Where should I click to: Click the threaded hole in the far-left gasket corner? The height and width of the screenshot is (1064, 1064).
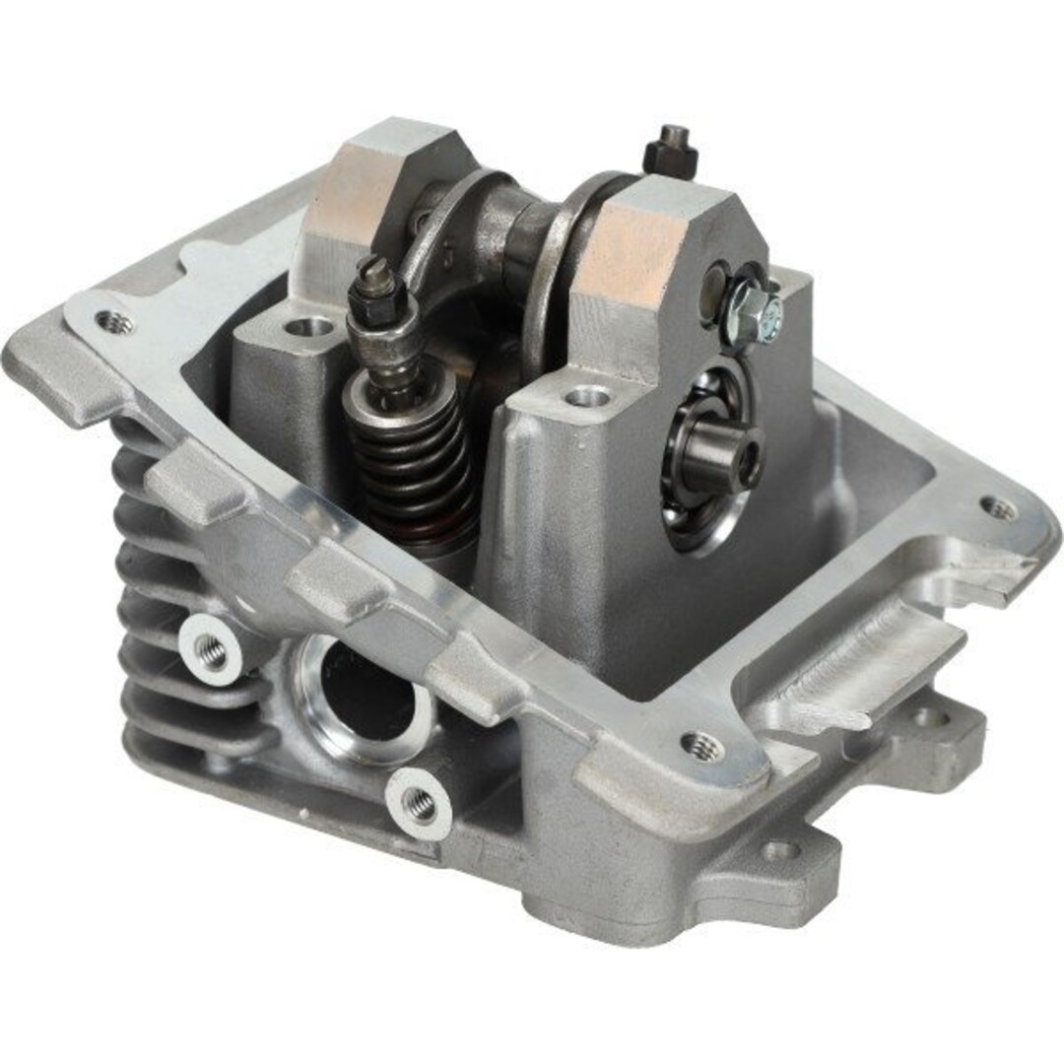tap(115, 321)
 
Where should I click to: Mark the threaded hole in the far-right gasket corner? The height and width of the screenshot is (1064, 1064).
tap(999, 508)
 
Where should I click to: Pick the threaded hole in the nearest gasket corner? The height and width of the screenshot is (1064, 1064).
tap(701, 746)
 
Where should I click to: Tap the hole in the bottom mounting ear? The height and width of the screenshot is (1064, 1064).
tap(778, 849)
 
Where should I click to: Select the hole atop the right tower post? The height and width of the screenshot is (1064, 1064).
tap(587, 397)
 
